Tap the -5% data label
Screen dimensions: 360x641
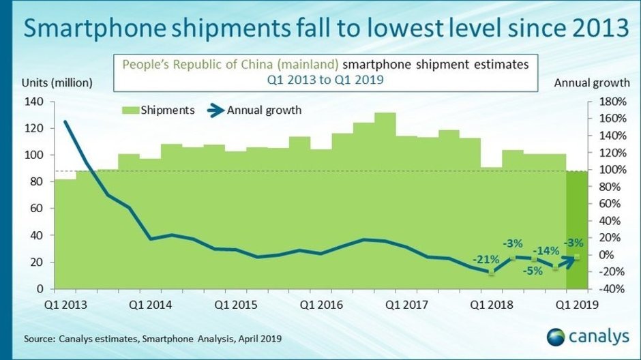[533, 270]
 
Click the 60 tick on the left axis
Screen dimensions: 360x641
[37, 209]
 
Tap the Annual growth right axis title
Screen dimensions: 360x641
[591, 83]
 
